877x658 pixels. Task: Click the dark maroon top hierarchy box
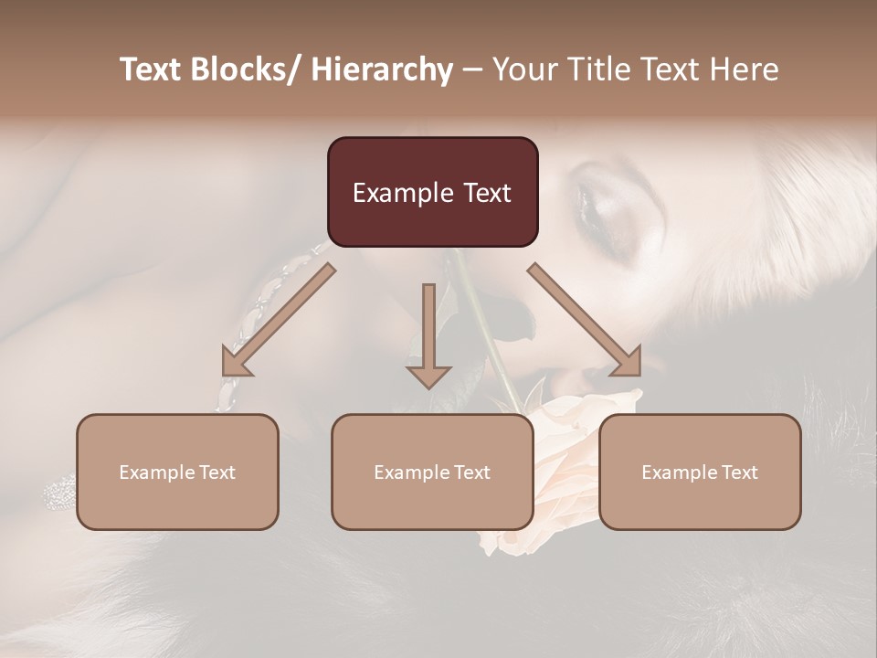click(x=432, y=192)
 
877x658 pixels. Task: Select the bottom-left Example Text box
click(x=177, y=472)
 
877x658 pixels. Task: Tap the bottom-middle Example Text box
click(x=432, y=472)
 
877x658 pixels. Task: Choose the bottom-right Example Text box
click(x=700, y=472)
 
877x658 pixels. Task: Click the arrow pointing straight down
click(x=428, y=334)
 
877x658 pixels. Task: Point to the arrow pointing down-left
click(x=279, y=319)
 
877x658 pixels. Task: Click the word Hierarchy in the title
click(x=382, y=69)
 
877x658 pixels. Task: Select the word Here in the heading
click(x=745, y=69)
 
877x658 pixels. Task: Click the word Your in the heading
click(x=523, y=69)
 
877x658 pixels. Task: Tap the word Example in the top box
click(x=402, y=193)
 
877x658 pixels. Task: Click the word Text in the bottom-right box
click(x=739, y=472)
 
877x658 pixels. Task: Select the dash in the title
click(x=472, y=69)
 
